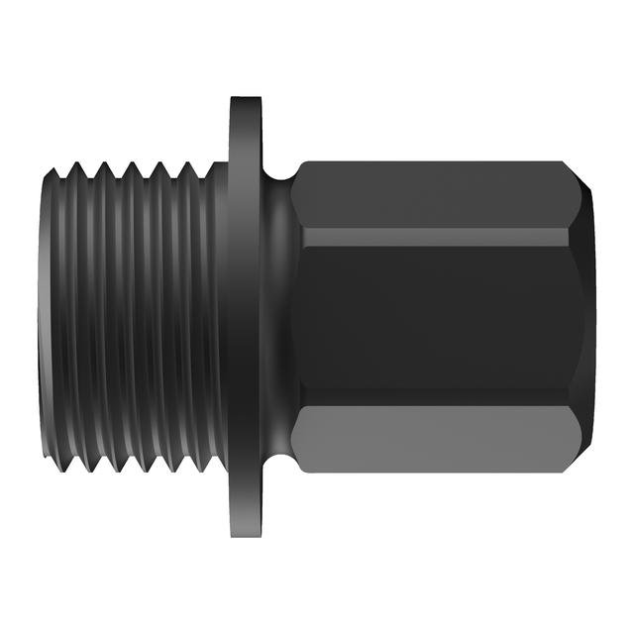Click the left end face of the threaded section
tap(44, 317)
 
